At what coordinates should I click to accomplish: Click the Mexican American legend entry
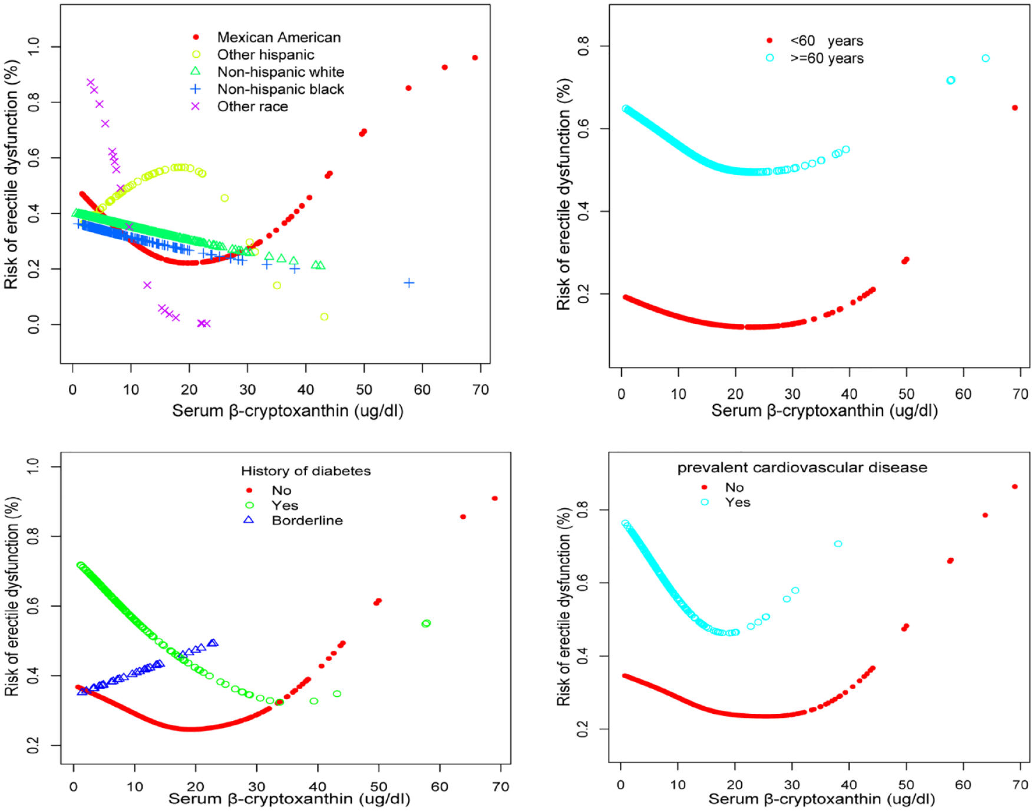click(x=278, y=38)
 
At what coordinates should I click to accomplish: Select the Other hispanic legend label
click(x=265, y=55)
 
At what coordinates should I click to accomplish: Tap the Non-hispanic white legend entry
click(x=280, y=72)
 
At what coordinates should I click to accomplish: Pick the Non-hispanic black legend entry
click(x=280, y=90)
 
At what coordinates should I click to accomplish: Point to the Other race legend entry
click(x=252, y=107)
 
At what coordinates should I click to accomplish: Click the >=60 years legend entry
click(x=826, y=58)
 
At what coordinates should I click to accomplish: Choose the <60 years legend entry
click(x=826, y=41)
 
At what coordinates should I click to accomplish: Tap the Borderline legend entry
click(x=306, y=521)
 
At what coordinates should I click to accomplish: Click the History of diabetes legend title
click(x=306, y=471)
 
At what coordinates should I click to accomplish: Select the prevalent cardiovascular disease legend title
click(x=802, y=468)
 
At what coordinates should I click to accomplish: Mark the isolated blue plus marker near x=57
click(x=409, y=283)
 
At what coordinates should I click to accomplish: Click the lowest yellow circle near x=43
click(x=324, y=317)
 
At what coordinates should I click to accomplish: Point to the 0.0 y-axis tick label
click(x=34, y=324)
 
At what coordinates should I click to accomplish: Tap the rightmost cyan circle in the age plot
click(x=986, y=58)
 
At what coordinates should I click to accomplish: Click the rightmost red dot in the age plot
click(x=1015, y=108)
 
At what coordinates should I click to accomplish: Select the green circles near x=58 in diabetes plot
click(x=427, y=623)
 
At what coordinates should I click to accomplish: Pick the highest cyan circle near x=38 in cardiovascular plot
click(x=838, y=544)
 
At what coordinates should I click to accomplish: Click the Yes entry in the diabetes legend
click(x=285, y=506)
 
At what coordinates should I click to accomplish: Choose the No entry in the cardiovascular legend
click(x=734, y=488)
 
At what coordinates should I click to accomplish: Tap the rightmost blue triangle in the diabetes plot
click(x=213, y=643)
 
